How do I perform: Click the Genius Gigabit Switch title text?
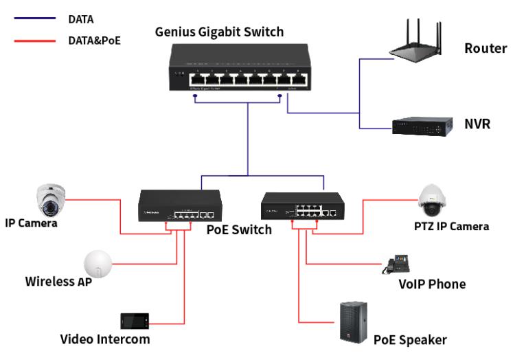219,32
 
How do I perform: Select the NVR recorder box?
422,126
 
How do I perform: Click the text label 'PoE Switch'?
239,229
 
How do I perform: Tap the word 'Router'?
485,48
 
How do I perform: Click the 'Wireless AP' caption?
58,282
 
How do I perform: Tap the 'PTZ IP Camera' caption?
456,227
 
